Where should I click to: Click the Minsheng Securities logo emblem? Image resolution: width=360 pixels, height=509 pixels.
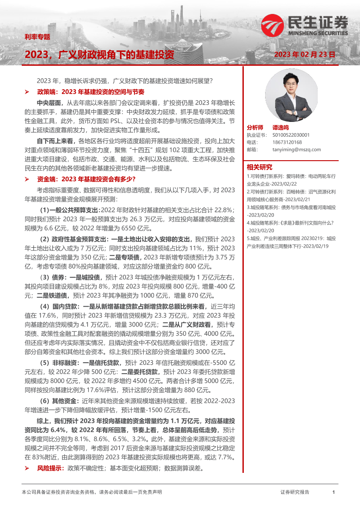click(273, 25)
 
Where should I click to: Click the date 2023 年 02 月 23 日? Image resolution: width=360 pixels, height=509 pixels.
click(305, 55)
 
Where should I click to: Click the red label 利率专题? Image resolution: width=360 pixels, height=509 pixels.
click(37, 37)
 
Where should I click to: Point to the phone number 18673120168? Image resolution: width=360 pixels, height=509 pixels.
click(286, 142)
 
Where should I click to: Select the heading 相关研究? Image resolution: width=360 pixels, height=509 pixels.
click(259, 167)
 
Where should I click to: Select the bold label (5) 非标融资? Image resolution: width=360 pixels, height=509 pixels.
click(59, 362)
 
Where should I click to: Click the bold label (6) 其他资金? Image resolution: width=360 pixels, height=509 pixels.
click(59, 401)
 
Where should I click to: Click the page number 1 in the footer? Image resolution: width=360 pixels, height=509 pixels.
click(333, 492)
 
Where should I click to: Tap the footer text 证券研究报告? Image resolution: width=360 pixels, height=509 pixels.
click(295, 492)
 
